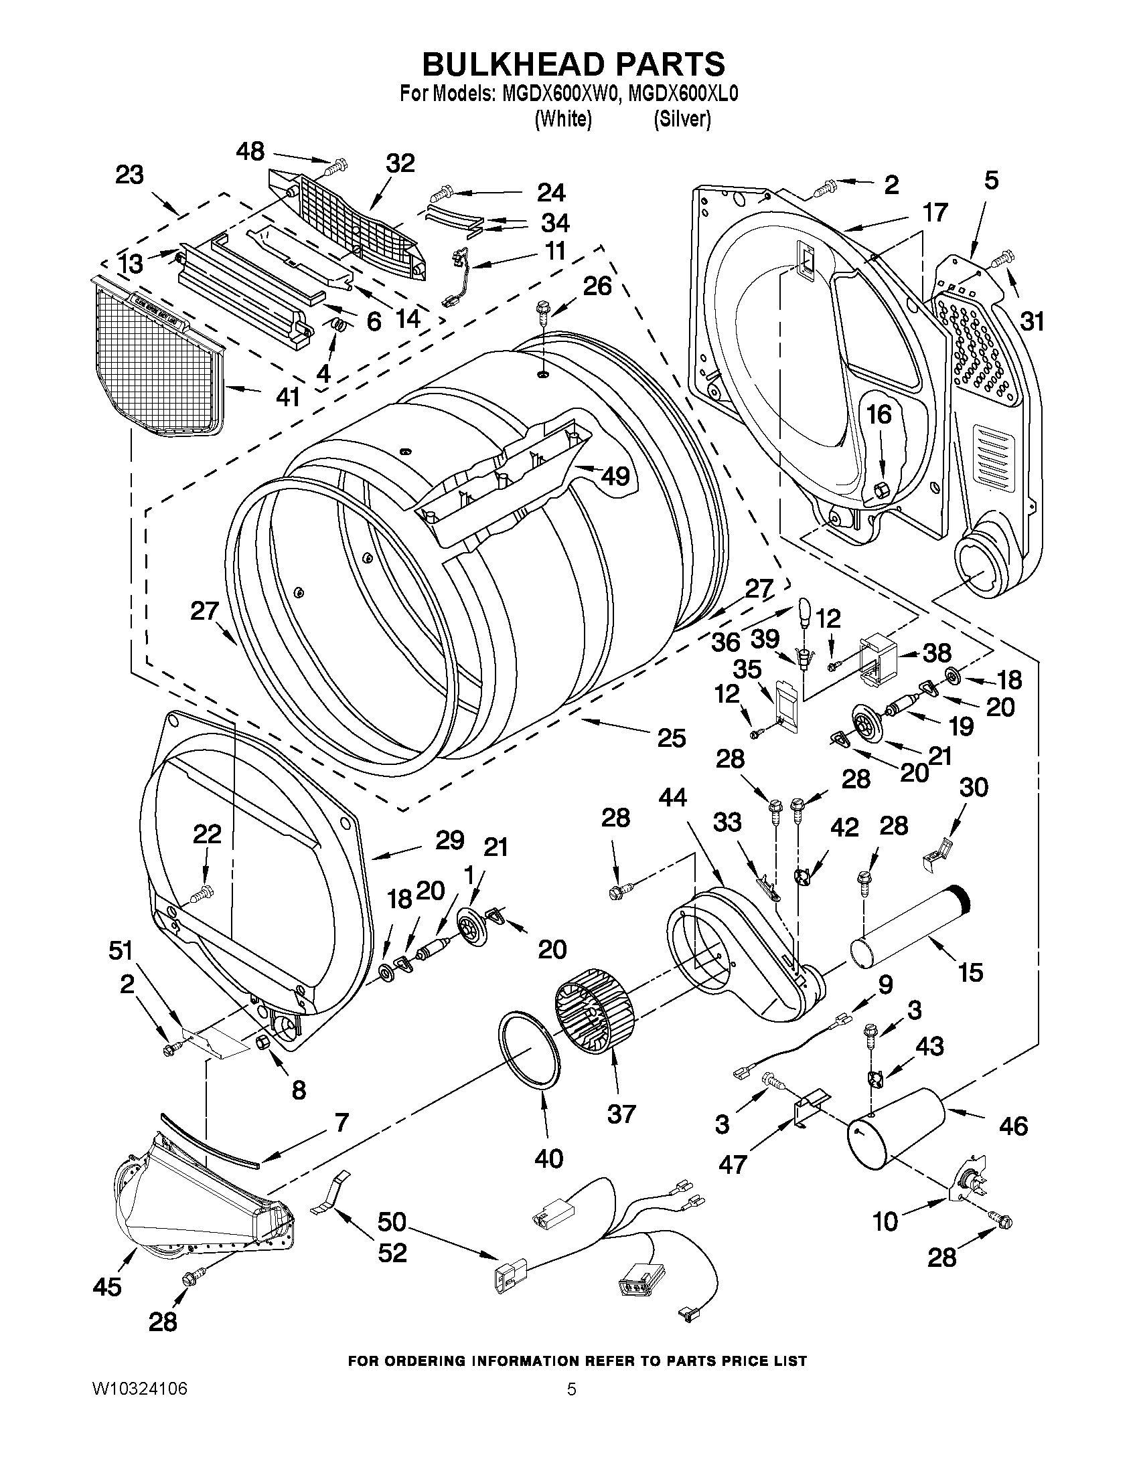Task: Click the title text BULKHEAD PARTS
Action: (573, 65)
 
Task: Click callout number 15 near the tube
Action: (970, 972)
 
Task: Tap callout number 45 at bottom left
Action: (106, 1287)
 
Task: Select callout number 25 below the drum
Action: (672, 738)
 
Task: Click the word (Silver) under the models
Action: (682, 119)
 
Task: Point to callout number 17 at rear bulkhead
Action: (935, 212)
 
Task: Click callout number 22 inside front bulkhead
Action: (206, 835)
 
